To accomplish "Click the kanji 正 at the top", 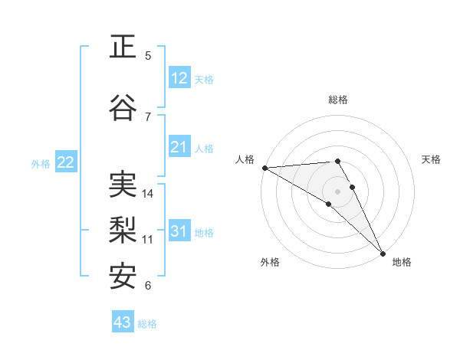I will point(123,47).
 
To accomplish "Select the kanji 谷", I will point(123,108).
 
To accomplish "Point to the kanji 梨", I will point(123,231).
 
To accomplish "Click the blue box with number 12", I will point(179,78).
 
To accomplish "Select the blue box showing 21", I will point(179,147).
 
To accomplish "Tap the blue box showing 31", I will point(179,231).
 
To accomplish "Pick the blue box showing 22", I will point(66,162).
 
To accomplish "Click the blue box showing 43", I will point(123,322).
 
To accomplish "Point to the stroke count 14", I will point(149,193).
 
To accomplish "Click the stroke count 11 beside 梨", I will point(148,239).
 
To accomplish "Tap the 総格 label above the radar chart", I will point(338,100).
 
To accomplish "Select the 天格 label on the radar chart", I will point(431,159).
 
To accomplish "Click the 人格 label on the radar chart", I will point(245,159).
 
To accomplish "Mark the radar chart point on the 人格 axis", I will point(264,168).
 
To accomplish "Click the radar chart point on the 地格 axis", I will point(383,252).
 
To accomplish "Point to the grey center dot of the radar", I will point(337,191).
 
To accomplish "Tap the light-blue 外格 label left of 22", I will point(41,163).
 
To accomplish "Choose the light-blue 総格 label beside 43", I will point(147,324).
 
